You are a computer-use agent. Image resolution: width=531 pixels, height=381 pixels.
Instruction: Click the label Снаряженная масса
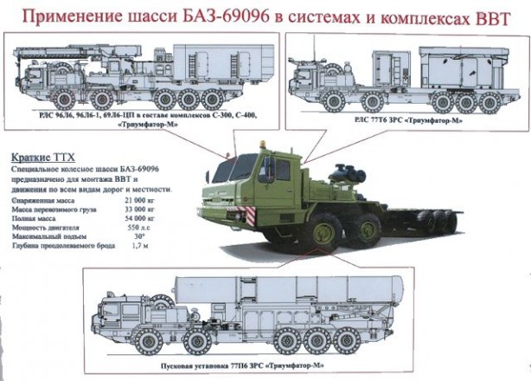click(x=44, y=200)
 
